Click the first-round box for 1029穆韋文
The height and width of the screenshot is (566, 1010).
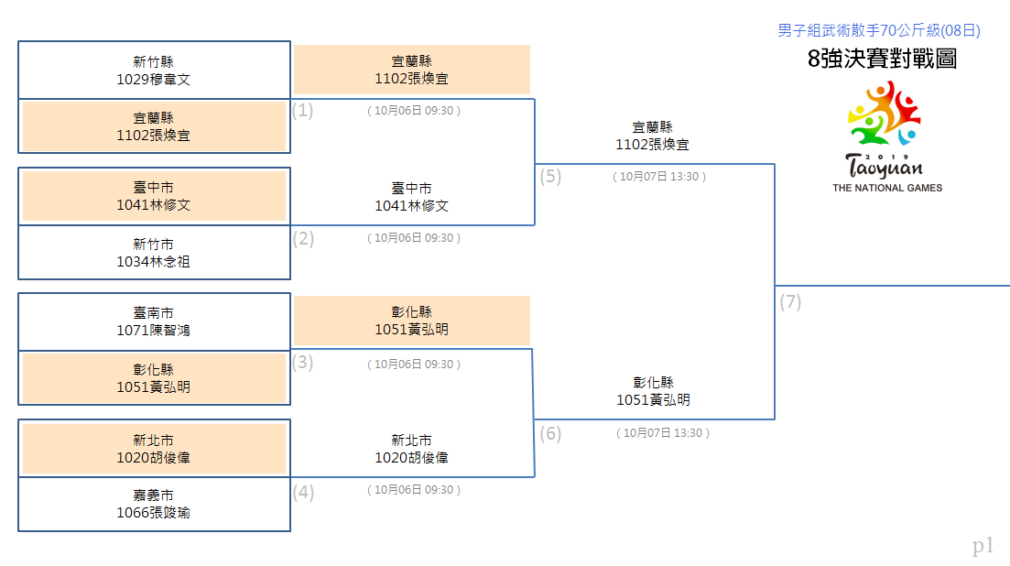click(x=154, y=71)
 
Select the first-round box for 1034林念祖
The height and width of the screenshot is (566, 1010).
click(x=154, y=253)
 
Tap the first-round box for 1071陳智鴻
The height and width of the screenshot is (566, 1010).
click(x=154, y=322)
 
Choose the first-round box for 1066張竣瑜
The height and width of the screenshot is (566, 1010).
click(x=154, y=505)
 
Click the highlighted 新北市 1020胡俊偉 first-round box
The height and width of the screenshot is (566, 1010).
click(x=154, y=449)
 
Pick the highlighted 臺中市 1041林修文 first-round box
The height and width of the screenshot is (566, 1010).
click(x=154, y=196)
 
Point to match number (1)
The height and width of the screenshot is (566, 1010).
click(x=303, y=110)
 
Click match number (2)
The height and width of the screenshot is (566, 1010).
click(x=303, y=239)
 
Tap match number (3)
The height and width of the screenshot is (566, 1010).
click(x=303, y=363)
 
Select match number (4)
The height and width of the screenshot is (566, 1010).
click(x=303, y=493)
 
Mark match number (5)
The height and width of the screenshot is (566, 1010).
click(x=550, y=177)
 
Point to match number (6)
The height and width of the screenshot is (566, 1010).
click(x=550, y=434)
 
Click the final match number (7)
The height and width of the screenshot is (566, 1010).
click(x=790, y=302)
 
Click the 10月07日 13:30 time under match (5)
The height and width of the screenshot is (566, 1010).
click(x=659, y=177)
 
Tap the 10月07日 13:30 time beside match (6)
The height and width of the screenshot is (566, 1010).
click(x=663, y=433)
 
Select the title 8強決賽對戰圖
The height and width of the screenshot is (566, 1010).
click(x=882, y=59)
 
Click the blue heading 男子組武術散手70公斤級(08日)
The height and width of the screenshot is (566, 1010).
click(x=879, y=30)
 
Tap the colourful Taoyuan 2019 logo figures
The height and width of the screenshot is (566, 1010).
click(x=885, y=114)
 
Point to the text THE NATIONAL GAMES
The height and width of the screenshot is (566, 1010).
click(x=887, y=188)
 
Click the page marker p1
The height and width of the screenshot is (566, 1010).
click(x=983, y=546)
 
